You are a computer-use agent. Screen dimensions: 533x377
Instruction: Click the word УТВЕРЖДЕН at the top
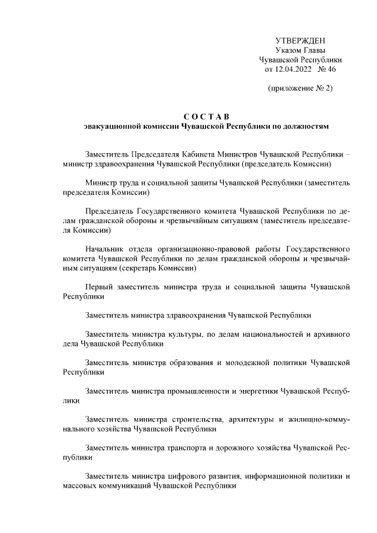click(x=300, y=40)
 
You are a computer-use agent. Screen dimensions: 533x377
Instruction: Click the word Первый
click(x=100, y=287)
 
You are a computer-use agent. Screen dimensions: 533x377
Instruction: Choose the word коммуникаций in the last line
click(x=124, y=486)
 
